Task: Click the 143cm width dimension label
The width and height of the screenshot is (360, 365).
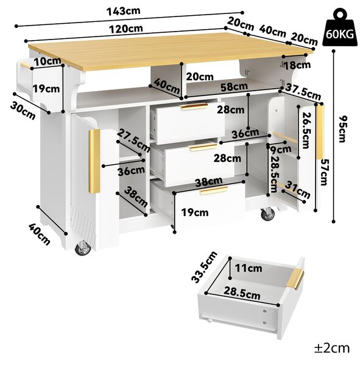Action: tap(123, 11)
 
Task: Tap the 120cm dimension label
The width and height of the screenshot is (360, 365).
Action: tap(126, 29)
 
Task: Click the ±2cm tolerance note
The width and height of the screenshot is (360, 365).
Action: tap(332, 349)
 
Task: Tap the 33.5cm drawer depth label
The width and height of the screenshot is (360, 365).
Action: tap(204, 267)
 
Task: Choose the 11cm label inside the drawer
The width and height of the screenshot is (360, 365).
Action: tap(249, 268)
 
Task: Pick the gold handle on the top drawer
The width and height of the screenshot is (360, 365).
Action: tap(194, 106)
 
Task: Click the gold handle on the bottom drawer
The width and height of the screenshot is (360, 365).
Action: tap(214, 190)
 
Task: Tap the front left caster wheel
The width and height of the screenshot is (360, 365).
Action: tap(83, 248)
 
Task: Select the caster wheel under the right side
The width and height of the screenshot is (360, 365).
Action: tap(267, 214)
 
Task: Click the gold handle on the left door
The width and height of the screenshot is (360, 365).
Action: tap(94, 161)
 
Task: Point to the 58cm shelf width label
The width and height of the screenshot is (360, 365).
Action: tap(234, 87)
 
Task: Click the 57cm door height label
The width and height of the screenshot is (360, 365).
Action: tap(324, 172)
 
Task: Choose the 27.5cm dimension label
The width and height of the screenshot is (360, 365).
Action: tap(133, 141)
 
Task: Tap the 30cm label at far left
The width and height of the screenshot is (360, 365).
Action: tap(23, 111)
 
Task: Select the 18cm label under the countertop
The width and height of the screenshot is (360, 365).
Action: tap(297, 65)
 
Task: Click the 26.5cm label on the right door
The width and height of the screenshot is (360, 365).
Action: tap(306, 130)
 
